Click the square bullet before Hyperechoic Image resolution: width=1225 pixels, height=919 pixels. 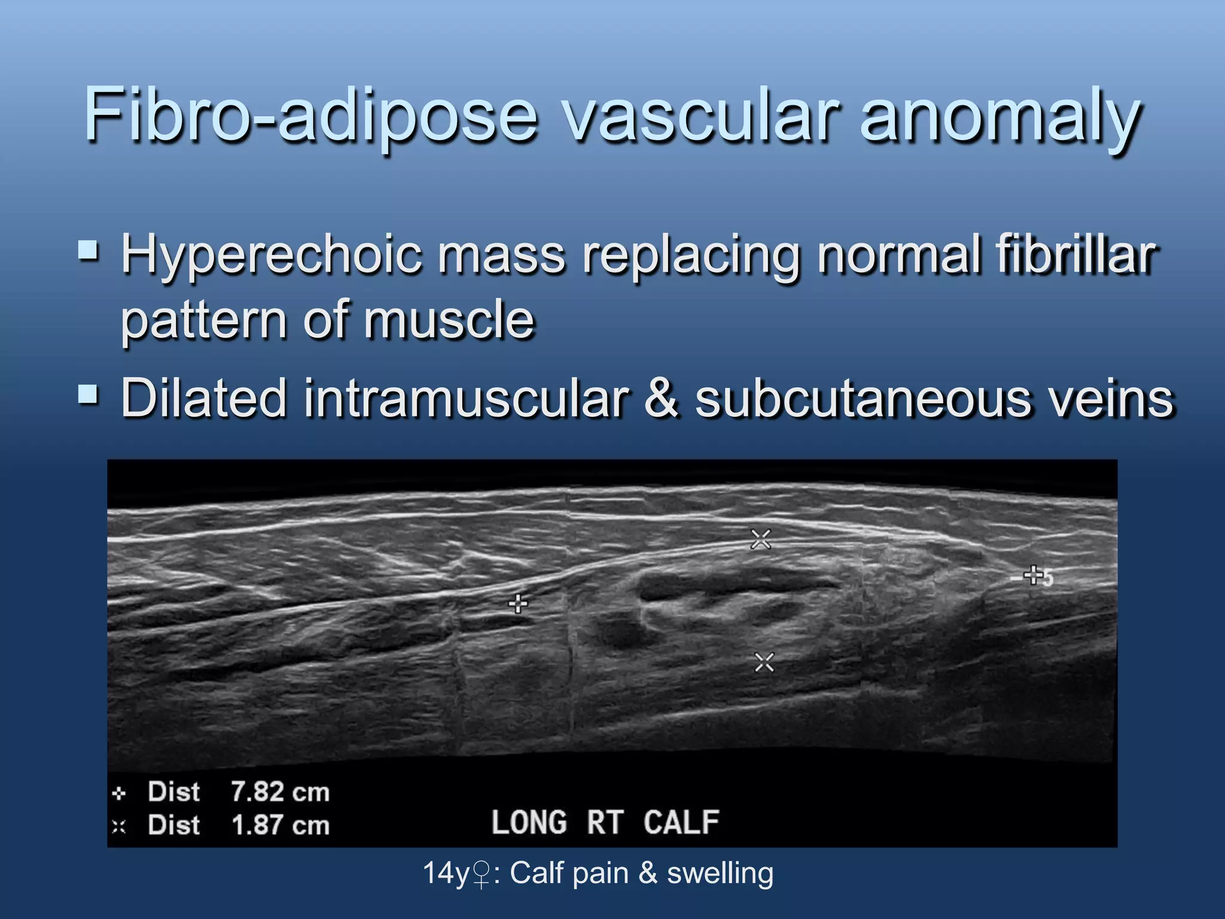click(89, 250)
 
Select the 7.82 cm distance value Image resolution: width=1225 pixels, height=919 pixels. click(280, 792)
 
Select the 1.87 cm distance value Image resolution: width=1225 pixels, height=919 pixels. click(280, 826)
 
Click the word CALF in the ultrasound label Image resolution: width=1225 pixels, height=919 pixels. click(681, 822)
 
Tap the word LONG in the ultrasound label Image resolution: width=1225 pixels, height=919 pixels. click(529, 822)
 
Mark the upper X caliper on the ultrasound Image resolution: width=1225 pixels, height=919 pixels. click(761, 539)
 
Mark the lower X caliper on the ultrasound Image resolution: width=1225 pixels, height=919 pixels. click(764, 662)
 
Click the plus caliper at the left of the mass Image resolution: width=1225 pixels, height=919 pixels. click(518, 604)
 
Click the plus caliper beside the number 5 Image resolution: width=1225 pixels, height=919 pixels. click(1033, 576)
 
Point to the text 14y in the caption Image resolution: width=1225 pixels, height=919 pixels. click(446, 873)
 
